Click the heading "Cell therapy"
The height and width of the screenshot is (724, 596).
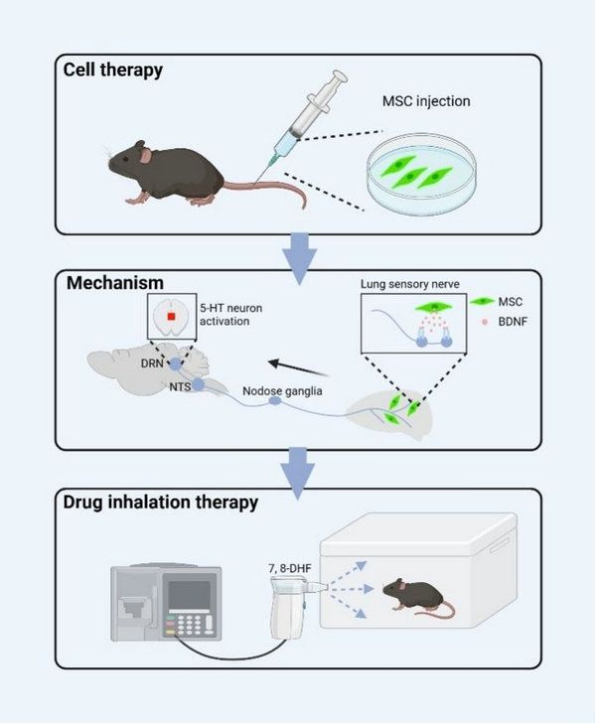[x=113, y=71]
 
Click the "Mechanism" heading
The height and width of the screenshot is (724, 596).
[x=115, y=283]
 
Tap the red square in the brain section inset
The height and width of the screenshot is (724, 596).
[x=172, y=318]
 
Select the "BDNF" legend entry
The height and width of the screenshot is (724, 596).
[x=515, y=323]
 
